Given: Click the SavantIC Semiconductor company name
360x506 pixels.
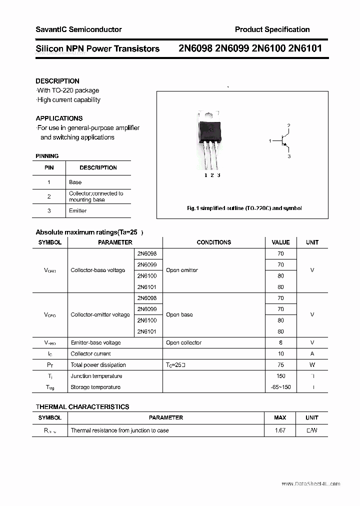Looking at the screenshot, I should tap(78, 29).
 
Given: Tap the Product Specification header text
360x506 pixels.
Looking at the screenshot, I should tap(272, 29).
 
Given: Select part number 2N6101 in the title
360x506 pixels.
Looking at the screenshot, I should tap(305, 48).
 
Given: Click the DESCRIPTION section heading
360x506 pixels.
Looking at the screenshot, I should tap(57, 81).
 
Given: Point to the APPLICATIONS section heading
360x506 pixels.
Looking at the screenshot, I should tap(59, 118).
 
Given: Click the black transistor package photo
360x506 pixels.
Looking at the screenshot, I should tap(209, 130).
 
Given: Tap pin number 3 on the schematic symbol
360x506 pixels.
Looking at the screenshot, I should tap(289, 156).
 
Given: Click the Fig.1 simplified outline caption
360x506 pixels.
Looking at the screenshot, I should tap(243, 208).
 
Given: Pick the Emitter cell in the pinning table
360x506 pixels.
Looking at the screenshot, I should tap(77, 210).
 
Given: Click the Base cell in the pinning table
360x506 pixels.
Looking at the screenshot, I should tap(75, 182).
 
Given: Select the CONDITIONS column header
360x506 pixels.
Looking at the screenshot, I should tap(213, 242).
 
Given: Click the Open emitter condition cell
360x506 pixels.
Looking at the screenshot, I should tap(182, 270).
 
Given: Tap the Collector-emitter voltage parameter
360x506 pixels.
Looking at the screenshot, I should tap(100, 314).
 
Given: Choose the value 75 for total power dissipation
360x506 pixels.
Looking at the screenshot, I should tap(280, 365).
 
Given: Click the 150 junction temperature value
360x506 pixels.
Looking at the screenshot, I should tap(280, 376).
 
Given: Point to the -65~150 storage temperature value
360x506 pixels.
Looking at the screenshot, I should tap(280, 387).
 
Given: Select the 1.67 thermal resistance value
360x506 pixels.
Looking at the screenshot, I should tap(280, 430).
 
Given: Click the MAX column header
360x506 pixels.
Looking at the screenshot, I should tap(280, 417).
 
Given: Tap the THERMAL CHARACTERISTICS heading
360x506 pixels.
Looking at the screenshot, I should tap(82, 407).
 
